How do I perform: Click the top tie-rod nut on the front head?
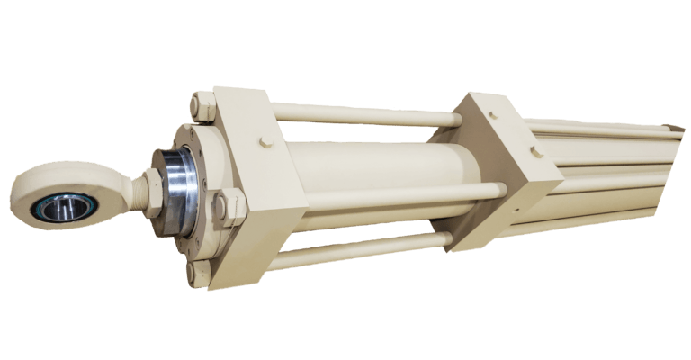point(202,106)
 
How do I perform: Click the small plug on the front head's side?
point(265,142)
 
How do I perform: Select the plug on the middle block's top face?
point(492,114)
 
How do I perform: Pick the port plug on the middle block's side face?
point(536,151)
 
